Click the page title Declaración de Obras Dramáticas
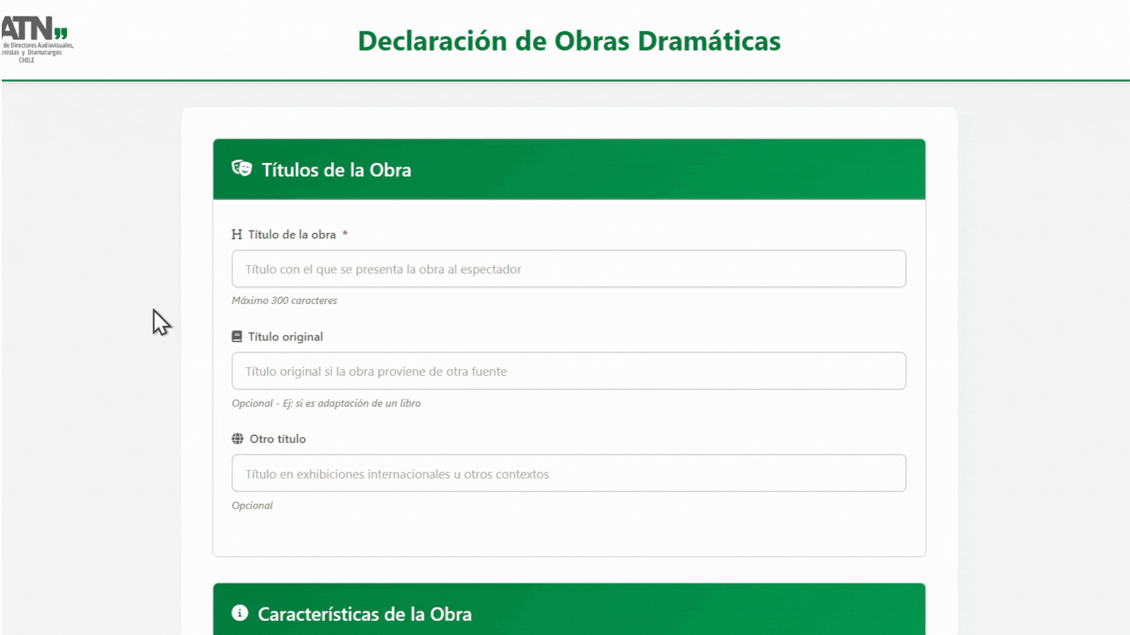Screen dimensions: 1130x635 569,41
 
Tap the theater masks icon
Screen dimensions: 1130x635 241,169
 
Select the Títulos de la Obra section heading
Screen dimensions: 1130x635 336,170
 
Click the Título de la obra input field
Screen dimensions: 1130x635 569,269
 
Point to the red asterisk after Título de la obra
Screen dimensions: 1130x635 345,233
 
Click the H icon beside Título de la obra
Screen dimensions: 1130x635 237,235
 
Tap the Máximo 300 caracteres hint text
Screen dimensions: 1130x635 284,300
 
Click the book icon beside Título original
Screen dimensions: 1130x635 237,336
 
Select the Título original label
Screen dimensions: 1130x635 285,337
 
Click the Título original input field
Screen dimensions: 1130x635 569,371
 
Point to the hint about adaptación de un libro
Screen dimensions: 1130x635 326,403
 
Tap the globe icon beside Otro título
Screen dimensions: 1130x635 238,439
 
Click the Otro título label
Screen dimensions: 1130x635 278,439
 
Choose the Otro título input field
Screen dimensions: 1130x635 569,473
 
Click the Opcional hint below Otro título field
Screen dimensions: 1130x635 252,506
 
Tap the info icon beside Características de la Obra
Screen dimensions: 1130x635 240,613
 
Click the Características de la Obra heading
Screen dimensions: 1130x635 365,614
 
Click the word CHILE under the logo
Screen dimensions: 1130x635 26,60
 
